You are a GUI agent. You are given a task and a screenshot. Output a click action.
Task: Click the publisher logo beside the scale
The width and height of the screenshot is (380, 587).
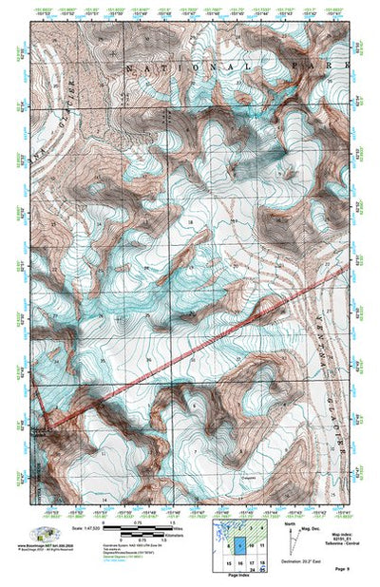click(x=43, y=534)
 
